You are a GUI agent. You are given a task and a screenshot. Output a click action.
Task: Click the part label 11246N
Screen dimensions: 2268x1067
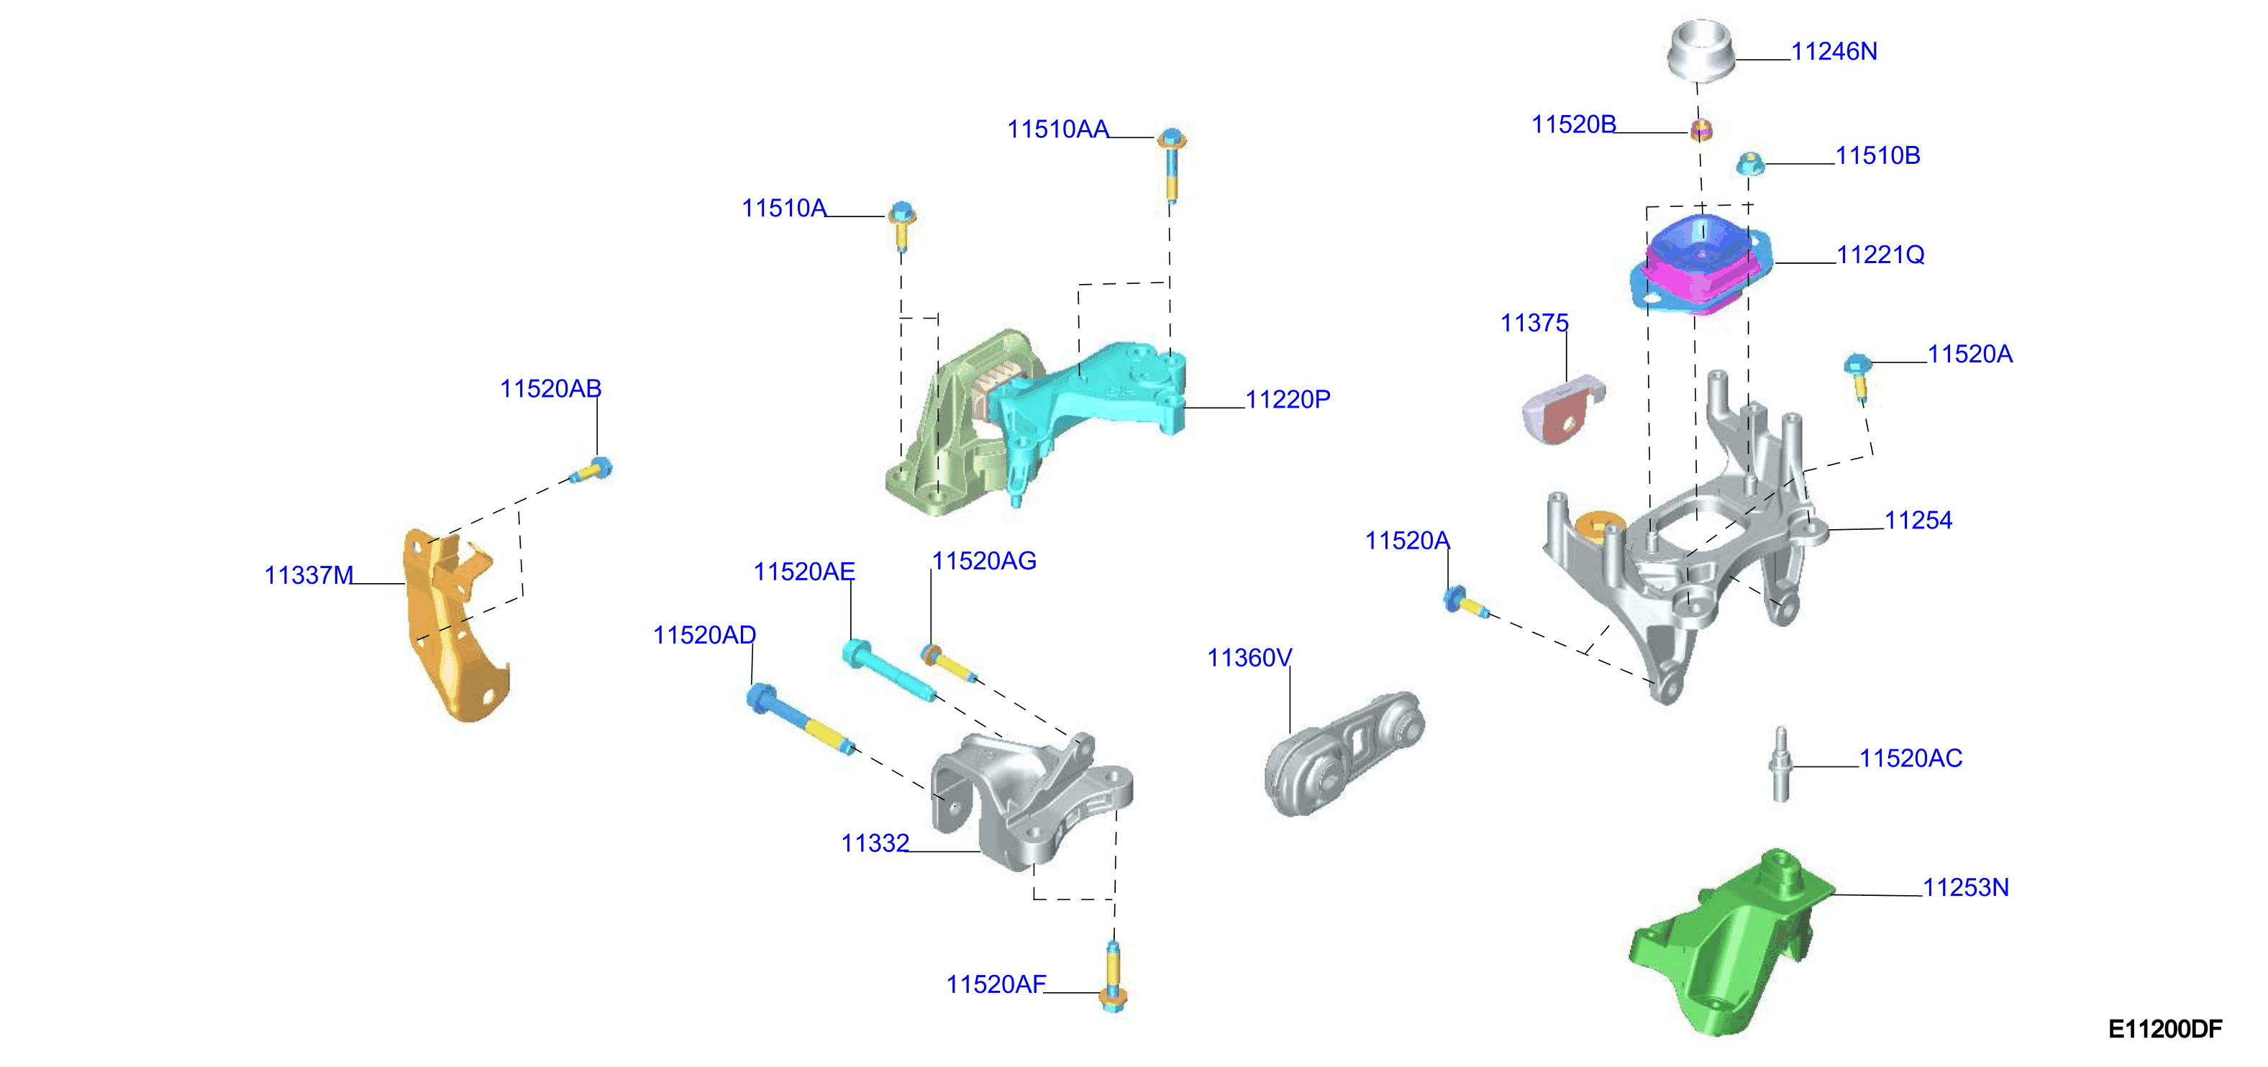click(x=1834, y=52)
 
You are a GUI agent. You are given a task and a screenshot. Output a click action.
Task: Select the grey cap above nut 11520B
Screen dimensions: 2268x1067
click(x=1700, y=51)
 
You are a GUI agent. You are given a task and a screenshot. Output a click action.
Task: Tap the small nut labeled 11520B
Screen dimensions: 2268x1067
click(x=1701, y=129)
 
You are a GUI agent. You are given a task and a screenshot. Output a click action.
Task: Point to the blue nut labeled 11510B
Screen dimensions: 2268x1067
click(x=1750, y=164)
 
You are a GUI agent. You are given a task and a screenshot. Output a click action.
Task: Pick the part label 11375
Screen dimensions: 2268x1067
click(x=1534, y=323)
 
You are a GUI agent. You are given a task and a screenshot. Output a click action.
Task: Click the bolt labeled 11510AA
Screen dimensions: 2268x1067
click(x=1171, y=168)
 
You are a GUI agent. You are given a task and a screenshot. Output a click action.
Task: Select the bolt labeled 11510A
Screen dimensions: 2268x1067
click(x=901, y=226)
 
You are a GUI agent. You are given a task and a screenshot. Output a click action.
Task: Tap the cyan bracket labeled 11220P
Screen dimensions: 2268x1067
click(x=1092, y=396)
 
